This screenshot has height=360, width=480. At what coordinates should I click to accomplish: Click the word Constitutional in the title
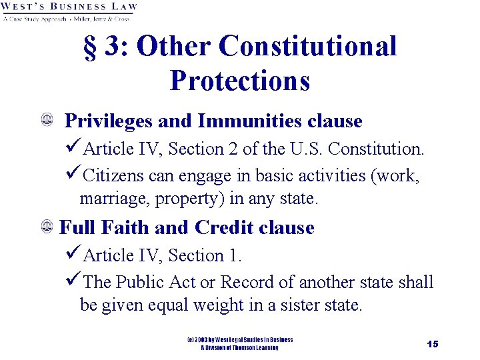[307, 47]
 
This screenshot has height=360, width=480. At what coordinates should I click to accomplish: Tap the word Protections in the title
[240, 80]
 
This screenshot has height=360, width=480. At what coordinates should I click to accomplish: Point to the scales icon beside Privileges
[47, 121]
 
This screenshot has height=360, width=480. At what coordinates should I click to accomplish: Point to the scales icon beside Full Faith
[47, 228]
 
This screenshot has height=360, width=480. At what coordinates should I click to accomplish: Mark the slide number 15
[433, 344]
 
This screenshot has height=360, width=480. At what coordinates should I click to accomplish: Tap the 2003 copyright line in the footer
[240, 340]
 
